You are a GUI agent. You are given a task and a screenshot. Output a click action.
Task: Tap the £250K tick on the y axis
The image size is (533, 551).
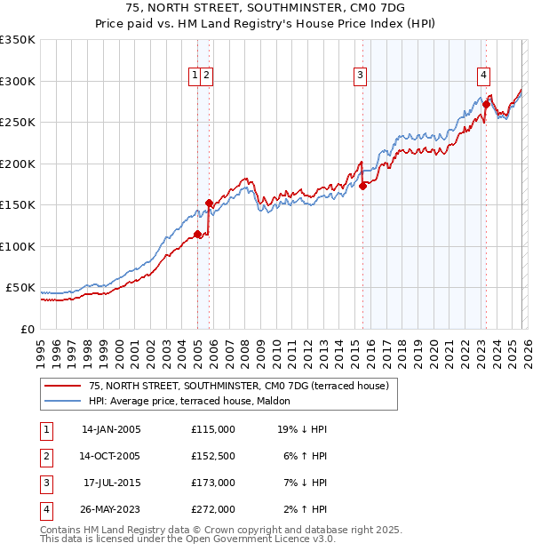click(x=18, y=123)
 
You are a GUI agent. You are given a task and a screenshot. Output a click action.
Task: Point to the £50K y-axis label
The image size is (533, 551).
click(x=20, y=288)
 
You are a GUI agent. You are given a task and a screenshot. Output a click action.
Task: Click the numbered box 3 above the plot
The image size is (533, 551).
click(x=361, y=76)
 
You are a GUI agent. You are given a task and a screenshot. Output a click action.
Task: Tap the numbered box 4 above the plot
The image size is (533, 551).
click(x=483, y=76)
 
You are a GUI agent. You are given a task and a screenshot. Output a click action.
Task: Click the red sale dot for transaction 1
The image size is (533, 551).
click(x=197, y=235)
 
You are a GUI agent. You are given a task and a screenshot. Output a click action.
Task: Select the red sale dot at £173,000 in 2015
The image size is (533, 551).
click(x=362, y=187)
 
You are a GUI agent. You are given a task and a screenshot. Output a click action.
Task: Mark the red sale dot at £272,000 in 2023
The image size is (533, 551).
click(x=486, y=105)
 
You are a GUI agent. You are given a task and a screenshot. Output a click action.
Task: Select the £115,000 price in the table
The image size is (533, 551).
click(x=213, y=429)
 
